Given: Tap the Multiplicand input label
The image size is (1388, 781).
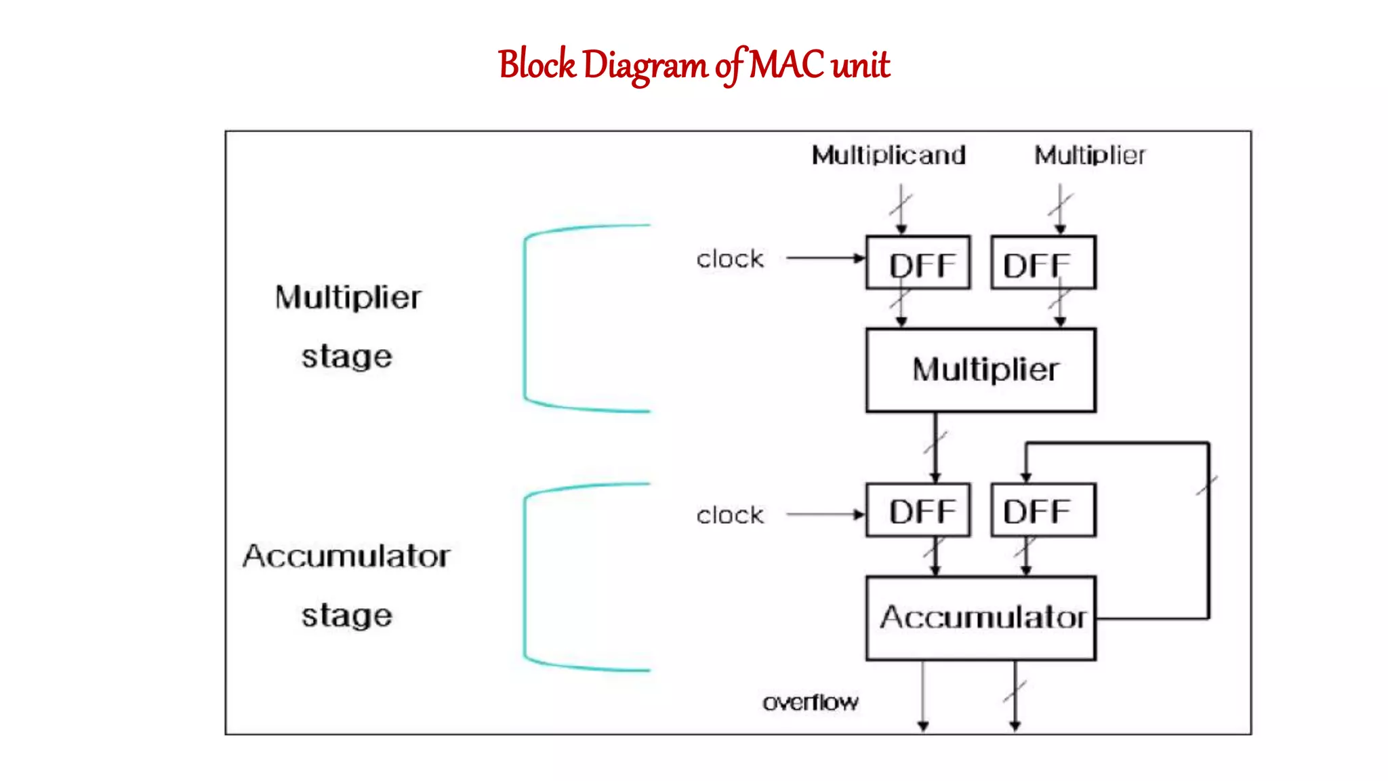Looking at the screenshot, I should [889, 155].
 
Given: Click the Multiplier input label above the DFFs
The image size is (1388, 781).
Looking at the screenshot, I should [1089, 155].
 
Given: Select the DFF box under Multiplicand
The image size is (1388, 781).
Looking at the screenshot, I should [918, 263].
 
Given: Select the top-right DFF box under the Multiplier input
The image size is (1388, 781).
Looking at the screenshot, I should [1042, 263].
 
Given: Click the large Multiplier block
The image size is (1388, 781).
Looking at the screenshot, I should [980, 370].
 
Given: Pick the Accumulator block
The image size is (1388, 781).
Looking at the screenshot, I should [980, 618].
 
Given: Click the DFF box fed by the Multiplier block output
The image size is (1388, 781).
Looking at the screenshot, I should [918, 510].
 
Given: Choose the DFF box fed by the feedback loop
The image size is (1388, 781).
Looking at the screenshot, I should [1042, 510].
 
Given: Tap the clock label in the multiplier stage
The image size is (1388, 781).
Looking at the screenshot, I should [730, 259].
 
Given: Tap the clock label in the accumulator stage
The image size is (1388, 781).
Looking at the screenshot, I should [730, 515].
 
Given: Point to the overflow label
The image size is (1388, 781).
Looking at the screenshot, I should [810, 702].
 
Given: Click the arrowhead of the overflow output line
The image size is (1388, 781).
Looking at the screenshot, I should [922, 726].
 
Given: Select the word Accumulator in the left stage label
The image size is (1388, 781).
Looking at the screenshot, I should [346, 556].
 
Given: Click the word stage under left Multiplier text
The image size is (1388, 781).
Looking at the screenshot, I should [346, 357].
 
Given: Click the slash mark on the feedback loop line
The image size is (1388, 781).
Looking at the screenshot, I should [1207, 485].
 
